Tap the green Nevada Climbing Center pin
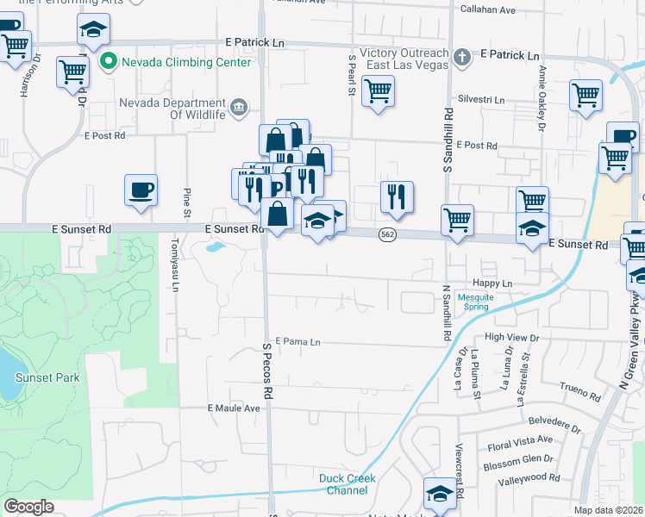click(109, 61)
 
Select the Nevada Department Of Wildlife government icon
click(239, 109)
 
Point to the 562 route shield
click(387, 234)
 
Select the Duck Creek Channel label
click(347, 484)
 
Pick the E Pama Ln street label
click(297, 342)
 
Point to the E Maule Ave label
click(234, 408)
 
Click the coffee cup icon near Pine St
click(141, 190)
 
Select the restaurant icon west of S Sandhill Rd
click(397, 197)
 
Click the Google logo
click(29, 507)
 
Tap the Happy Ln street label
click(492, 283)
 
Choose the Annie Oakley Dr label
click(542, 100)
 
